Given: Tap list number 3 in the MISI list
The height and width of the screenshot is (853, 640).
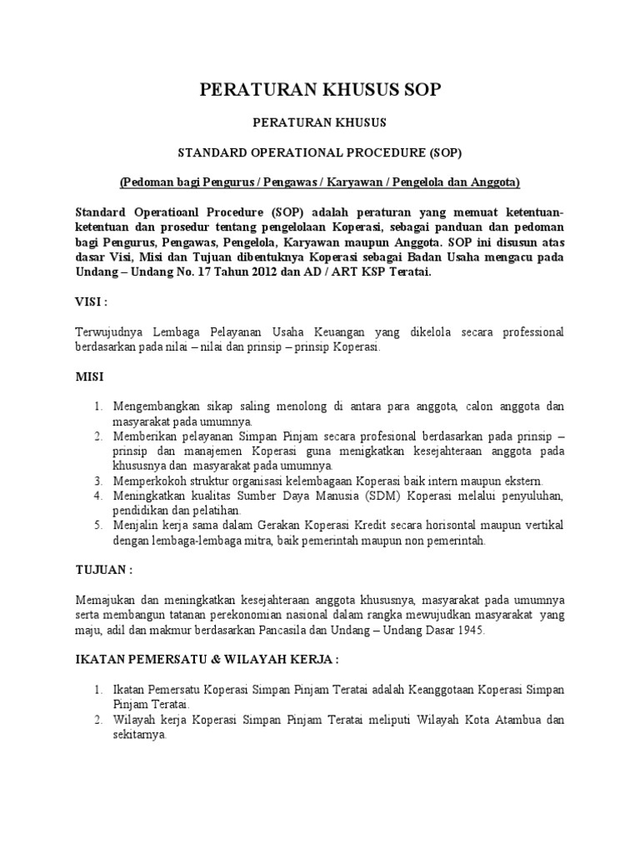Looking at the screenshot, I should click(97, 481).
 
